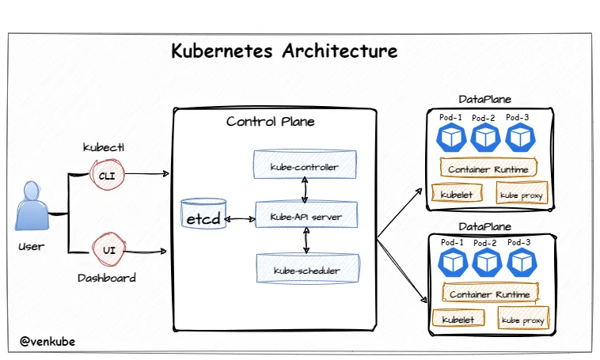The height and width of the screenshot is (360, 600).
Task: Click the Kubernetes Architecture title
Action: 284,52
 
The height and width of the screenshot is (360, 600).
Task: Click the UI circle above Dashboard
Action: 107,250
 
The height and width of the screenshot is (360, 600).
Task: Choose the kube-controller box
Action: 305,167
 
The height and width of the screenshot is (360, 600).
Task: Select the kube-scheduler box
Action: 306,270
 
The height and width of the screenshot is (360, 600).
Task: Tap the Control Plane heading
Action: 270,121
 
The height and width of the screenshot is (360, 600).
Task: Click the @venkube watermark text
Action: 47,342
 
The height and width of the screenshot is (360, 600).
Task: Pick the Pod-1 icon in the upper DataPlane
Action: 450,138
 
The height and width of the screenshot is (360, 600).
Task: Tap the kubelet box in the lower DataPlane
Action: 454,320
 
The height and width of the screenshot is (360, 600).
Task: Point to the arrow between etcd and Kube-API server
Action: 240,216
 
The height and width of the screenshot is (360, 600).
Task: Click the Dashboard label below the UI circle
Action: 107,278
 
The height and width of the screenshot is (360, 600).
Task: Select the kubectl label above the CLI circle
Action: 104,148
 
